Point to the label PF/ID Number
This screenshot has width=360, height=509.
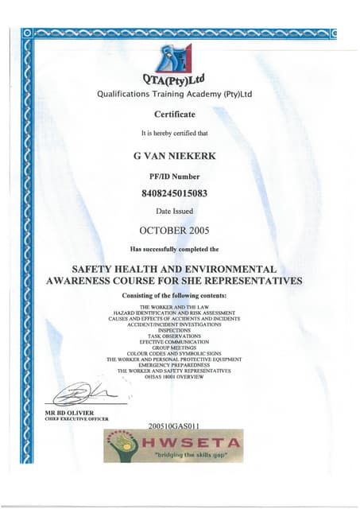point(174,175)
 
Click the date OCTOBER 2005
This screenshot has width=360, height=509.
point(173,231)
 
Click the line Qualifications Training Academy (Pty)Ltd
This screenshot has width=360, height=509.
point(174,94)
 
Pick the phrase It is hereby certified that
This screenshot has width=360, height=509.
point(174,132)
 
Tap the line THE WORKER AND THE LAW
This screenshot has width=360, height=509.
point(174,306)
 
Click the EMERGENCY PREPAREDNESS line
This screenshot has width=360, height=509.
point(174,365)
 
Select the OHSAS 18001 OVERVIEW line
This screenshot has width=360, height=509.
point(174,377)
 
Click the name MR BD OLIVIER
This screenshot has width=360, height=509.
point(70,412)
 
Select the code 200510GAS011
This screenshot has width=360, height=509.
point(173,425)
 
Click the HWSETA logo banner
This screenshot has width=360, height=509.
point(173,446)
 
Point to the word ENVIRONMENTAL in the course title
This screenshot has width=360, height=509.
point(229,270)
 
